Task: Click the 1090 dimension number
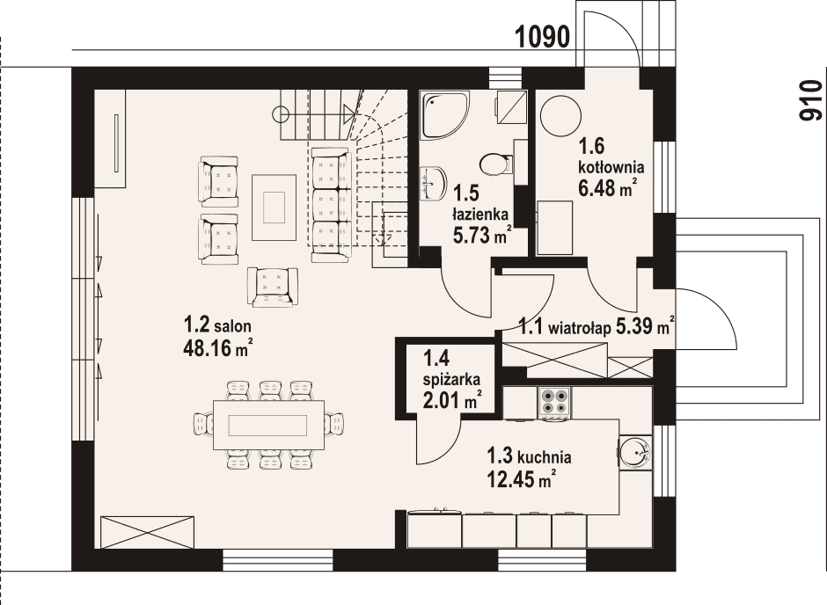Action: pyautogui.click(x=542, y=38)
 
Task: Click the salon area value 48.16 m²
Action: pyautogui.click(x=216, y=348)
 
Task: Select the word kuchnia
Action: pyautogui.click(x=545, y=456)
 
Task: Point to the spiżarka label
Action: pyautogui.click(x=451, y=379)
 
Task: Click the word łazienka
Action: pyautogui.click(x=480, y=214)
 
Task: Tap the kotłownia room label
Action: pyautogui.click(x=611, y=167)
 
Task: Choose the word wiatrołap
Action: pyautogui.click(x=580, y=328)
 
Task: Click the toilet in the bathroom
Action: pyautogui.click(x=496, y=164)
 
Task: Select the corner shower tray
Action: pyautogui.click(x=444, y=116)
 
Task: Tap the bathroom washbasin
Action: pyautogui.click(x=433, y=184)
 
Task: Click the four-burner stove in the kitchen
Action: pyautogui.click(x=553, y=403)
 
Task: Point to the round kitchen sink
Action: pyautogui.click(x=636, y=452)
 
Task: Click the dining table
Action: pyautogui.click(x=268, y=425)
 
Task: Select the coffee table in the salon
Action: pyautogui.click(x=274, y=208)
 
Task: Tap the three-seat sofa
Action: pyautogui.click(x=331, y=205)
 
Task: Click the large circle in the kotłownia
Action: pyautogui.click(x=560, y=115)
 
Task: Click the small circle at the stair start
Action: pyautogui.click(x=281, y=113)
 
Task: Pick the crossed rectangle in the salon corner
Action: pyautogui.click(x=147, y=532)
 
